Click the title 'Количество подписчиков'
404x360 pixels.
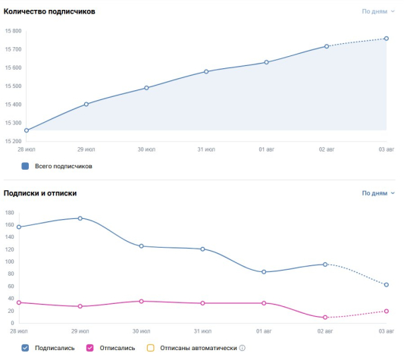pos(49,11)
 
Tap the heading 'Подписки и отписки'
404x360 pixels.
pos(40,193)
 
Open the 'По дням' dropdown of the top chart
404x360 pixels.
pos(378,11)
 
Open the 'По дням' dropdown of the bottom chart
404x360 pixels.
pos(378,193)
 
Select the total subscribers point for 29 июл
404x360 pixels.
pos(86,104)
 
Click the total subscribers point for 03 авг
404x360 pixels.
pos(387,39)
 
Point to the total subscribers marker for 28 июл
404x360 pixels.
pos(27,130)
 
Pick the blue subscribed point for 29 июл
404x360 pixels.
pos(80,218)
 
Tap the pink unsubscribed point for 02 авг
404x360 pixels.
pos(325,318)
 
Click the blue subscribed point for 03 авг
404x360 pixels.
pos(387,285)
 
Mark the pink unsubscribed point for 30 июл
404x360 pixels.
pos(141,301)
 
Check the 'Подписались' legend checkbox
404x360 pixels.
pos(25,348)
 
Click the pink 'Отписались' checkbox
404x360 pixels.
pos(90,348)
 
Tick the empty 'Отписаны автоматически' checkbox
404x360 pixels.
pos(151,348)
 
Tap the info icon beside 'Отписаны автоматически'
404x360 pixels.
pos(243,348)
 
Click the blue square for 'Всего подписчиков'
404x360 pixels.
pos(25,166)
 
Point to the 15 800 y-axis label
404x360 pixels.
pos(14,31)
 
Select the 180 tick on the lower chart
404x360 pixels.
pos(10,213)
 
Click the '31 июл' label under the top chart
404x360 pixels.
pos(206,149)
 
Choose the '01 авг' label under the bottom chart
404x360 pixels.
pos(264,331)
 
